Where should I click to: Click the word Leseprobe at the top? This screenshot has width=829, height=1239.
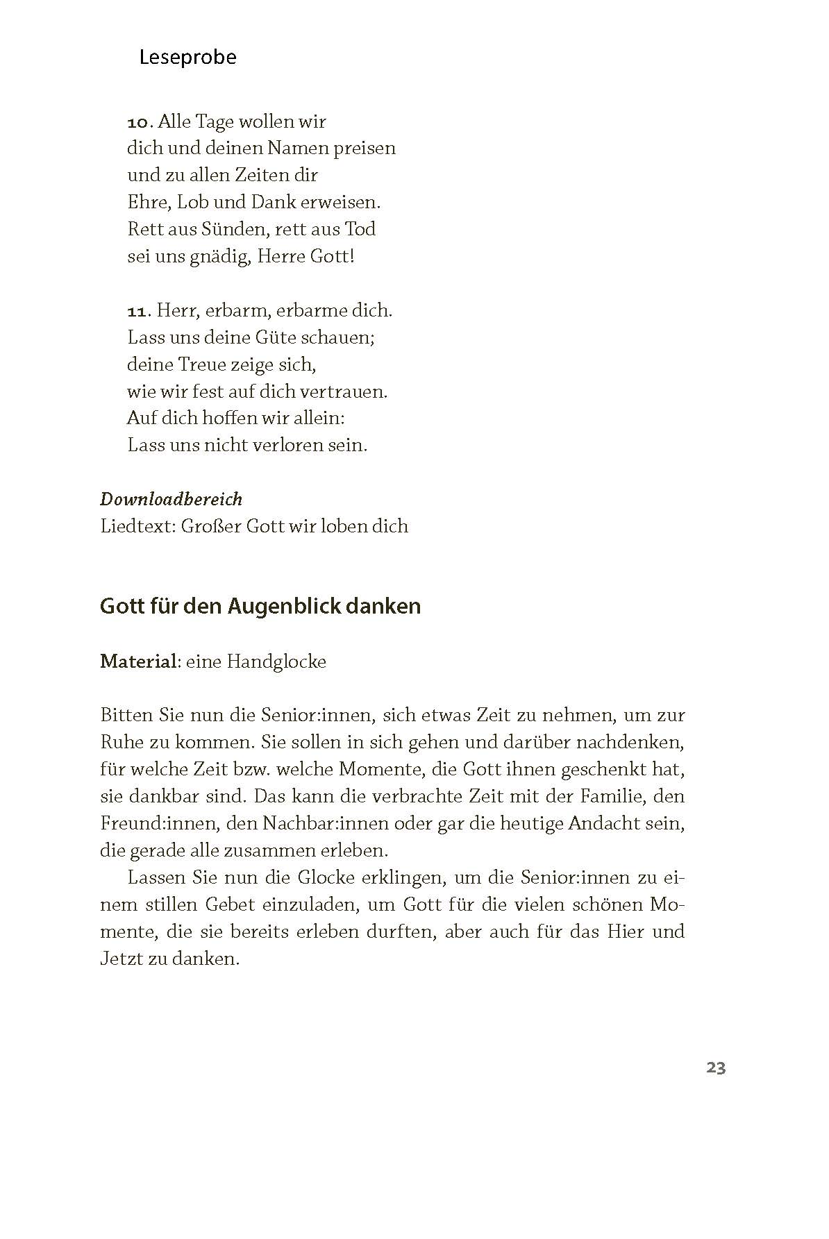187,57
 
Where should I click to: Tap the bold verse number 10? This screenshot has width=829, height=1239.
138,122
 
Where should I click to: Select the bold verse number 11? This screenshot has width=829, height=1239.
138,311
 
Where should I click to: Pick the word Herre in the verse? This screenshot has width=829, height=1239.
280,257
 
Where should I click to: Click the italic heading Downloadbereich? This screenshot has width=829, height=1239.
171,499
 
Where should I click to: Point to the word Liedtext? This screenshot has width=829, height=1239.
137,526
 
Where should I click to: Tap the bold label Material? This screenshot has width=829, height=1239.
138,661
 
